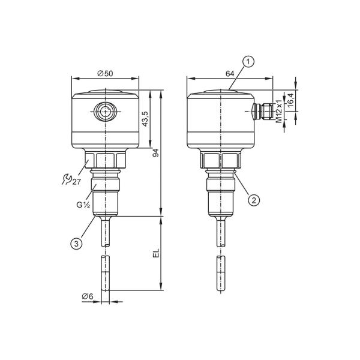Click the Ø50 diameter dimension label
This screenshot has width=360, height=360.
click(105, 73)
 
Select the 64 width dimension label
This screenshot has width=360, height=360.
click(230, 74)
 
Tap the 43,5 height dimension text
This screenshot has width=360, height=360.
click(146, 119)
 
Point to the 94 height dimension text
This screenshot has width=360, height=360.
click(155, 152)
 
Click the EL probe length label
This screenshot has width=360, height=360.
click(156, 253)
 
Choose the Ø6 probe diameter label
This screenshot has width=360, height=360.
click(88, 296)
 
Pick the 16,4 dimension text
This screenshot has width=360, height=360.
click(290, 100)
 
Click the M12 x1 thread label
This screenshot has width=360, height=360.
click(278, 111)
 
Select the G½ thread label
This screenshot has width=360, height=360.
click(83, 205)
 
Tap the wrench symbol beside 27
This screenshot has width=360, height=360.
click(67, 179)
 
